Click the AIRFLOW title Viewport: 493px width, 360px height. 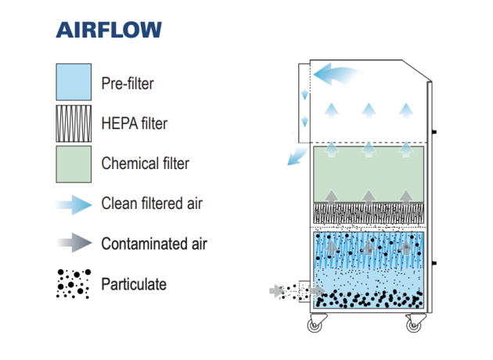[x=109, y=30]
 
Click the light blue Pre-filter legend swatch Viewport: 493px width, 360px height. [x=74, y=82]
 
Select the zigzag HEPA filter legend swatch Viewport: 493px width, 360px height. [x=74, y=124]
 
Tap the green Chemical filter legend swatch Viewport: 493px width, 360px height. [x=74, y=164]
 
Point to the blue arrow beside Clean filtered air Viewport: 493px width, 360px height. [x=74, y=205]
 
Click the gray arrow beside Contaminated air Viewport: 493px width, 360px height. [x=74, y=243]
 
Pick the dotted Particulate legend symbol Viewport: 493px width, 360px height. [x=74, y=283]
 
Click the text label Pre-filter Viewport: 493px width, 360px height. [x=128, y=84]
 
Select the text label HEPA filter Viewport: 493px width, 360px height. [x=135, y=123]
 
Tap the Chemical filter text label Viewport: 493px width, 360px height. [x=146, y=164]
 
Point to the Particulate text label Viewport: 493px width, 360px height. [x=134, y=284]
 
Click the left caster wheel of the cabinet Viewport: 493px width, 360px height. [x=315, y=326]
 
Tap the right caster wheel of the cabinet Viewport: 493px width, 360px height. [x=414, y=326]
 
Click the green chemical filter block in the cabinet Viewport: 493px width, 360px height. [x=369, y=175]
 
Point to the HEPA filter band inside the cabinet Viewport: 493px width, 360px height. [x=369, y=214]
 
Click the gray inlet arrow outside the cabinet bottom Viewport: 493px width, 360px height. [x=277, y=291]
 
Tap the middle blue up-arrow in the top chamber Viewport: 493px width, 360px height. [x=369, y=110]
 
